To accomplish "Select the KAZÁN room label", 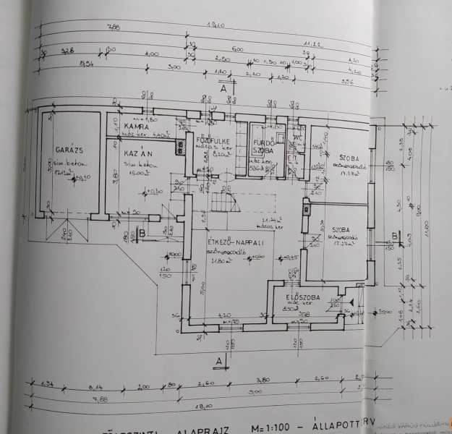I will [x=136, y=156].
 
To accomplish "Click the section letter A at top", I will [x=224, y=89].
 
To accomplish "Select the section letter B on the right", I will [x=393, y=236].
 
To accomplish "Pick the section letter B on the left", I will [x=144, y=233].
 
